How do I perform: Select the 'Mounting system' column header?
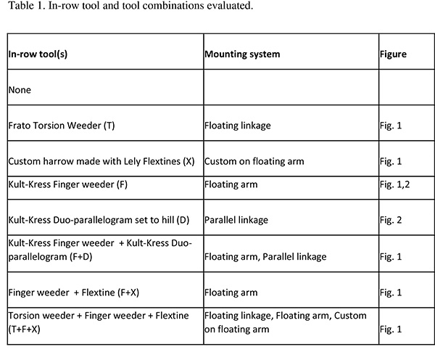tap(241, 54)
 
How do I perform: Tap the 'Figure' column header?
tap(392, 54)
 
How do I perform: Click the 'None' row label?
tap(20, 90)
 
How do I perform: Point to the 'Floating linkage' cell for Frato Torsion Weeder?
tap(238, 126)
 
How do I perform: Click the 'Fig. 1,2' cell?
tap(396, 185)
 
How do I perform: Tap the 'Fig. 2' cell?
tap(392, 218)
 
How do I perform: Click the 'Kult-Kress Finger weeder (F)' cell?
tap(70, 185)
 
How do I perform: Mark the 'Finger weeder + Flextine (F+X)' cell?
tap(72, 293)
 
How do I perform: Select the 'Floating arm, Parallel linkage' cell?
tap(265, 256)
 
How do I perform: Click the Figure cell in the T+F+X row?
tap(392, 328)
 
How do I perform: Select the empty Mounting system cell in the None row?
tap(289, 90)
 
